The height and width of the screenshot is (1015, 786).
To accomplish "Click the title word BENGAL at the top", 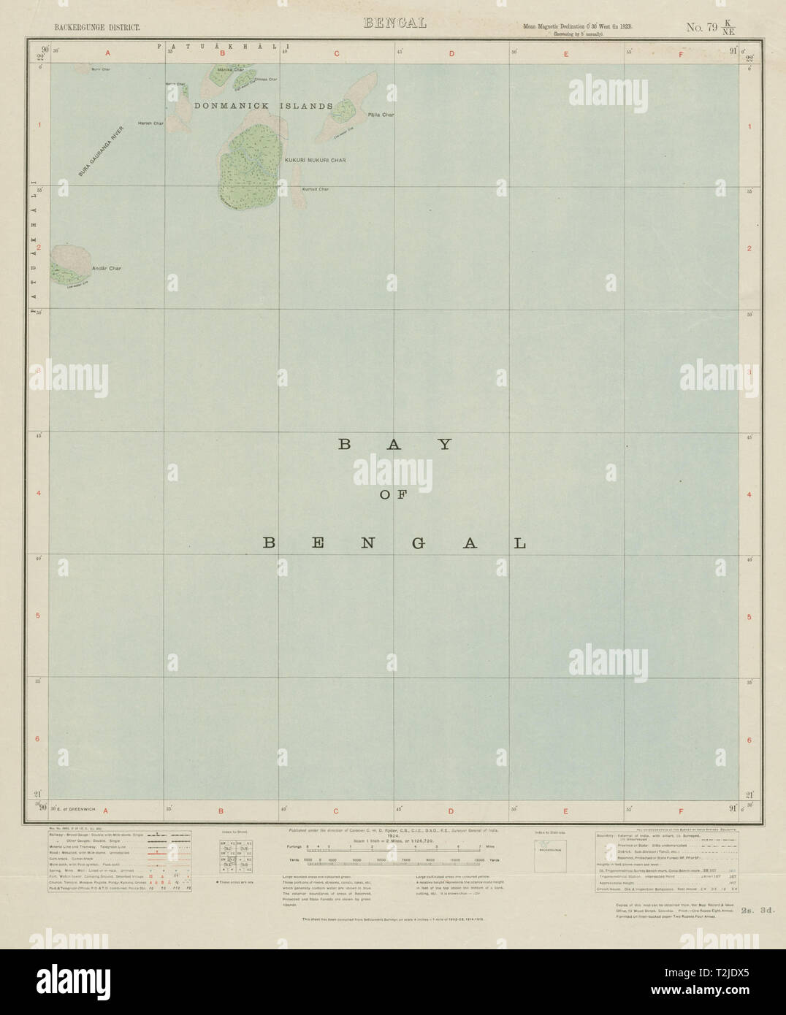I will (x=394, y=23).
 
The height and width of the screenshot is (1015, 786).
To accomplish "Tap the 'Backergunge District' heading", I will (x=91, y=28).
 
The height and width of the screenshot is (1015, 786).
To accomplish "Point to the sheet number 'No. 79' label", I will (x=701, y=28).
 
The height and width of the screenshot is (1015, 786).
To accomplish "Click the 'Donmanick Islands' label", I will (x=264, y=106).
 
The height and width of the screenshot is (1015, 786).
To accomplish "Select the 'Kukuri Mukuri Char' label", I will (x=315, y=160).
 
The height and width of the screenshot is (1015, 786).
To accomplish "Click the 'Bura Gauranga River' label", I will (x=102, y=152).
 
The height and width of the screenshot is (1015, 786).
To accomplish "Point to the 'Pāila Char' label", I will (x=381, y=115).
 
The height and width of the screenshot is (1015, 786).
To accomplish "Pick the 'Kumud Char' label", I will (x=315, y=189).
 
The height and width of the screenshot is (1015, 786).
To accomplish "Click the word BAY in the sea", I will (x=394, y=444).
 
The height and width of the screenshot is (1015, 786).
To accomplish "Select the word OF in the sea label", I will (x=393, y=494).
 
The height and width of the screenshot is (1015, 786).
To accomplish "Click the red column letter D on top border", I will (x=451, y=53).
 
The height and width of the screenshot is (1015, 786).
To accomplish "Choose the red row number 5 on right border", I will (x=749, y=617).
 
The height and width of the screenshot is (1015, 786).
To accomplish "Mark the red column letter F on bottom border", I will (x=681, y=811).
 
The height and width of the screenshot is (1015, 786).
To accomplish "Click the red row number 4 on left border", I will (x=38, y=493).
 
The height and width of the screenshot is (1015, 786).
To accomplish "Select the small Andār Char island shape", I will (x=70, y=264).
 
